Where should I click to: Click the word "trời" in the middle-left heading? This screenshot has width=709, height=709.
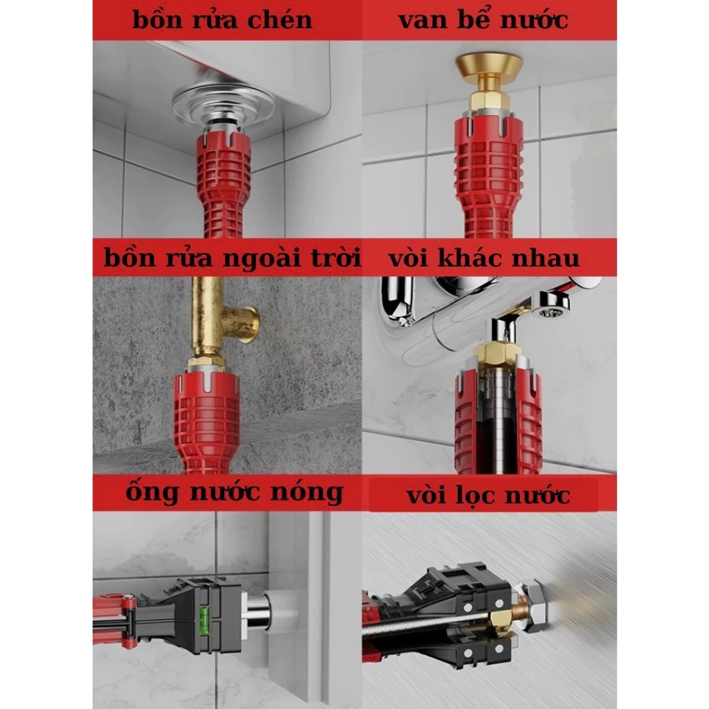337,258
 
